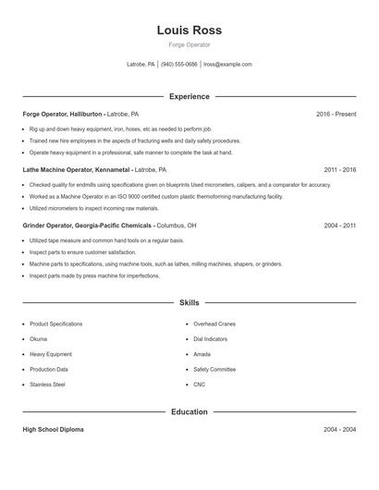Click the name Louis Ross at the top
tap(189, 31)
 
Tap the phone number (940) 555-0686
tap(179, 65)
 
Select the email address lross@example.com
tap(227, 65)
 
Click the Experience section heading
tap(189, 96)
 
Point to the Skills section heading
tap(189, 302)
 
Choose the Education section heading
tap(189, 411)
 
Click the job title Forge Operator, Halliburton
tap(63, 114)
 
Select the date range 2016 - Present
tap(336, 114)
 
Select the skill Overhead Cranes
tap(214, 325)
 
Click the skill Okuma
tap(39, 339)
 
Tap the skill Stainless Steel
tap(47, 385)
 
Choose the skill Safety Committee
tap(214, 369)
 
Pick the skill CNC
tap(200, 385)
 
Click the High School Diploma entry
tap(54, 430)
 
